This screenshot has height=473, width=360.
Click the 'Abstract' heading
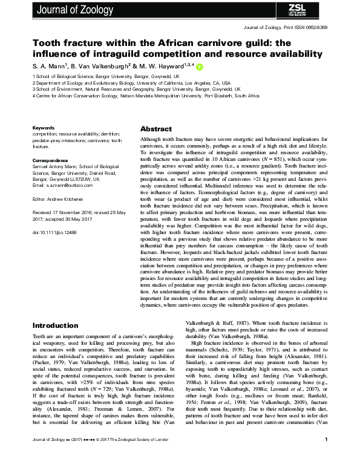(x=156, y=129)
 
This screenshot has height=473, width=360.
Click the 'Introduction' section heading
(x=59, y=325)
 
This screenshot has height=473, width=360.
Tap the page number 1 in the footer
(x=326, y=457)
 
